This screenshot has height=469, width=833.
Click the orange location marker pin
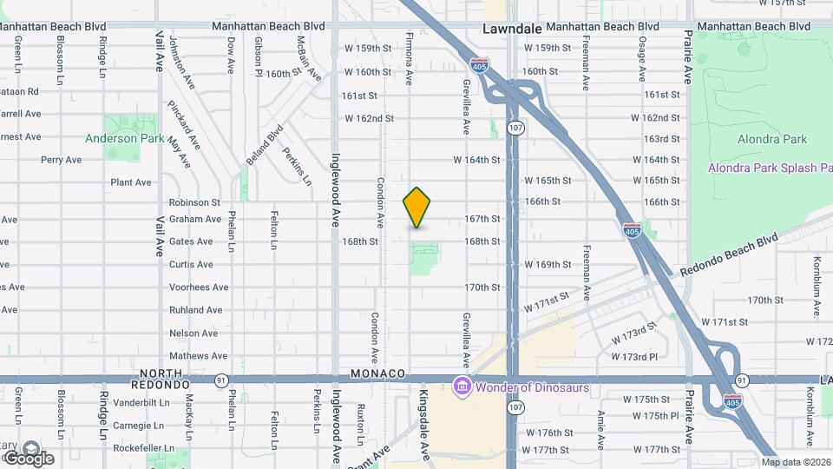(x=417, y=208)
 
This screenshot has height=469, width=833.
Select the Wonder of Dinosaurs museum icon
(x=462, y=386)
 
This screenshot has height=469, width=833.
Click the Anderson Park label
(x=124, y=138)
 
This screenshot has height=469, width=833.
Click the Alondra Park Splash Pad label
(x=769, y=168)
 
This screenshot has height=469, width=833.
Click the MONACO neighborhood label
(x=378, y=373)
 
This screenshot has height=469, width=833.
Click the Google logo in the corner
(x=28, y=457)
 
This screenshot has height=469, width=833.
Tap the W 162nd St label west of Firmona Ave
(x=369, y=118)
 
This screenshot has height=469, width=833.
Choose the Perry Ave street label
(x=61, y=160)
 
